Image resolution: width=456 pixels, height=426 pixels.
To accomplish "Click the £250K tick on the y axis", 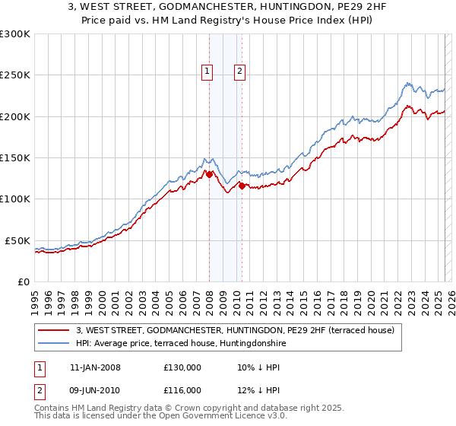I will [14, 75].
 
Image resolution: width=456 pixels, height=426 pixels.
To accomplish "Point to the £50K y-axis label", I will [17, 240].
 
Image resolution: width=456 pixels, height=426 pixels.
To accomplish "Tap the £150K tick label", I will [14, 158].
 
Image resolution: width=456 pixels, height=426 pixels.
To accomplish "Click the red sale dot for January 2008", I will [209, 174].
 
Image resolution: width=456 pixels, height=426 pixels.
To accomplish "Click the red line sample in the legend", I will [54, 331].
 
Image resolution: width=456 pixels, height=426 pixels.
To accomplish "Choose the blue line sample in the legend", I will [54, 343].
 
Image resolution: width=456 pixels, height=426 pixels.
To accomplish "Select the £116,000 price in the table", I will [182, 389].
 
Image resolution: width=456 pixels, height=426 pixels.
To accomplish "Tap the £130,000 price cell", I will [182, 367].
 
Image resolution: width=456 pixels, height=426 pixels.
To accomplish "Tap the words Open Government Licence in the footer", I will [195, 417].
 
